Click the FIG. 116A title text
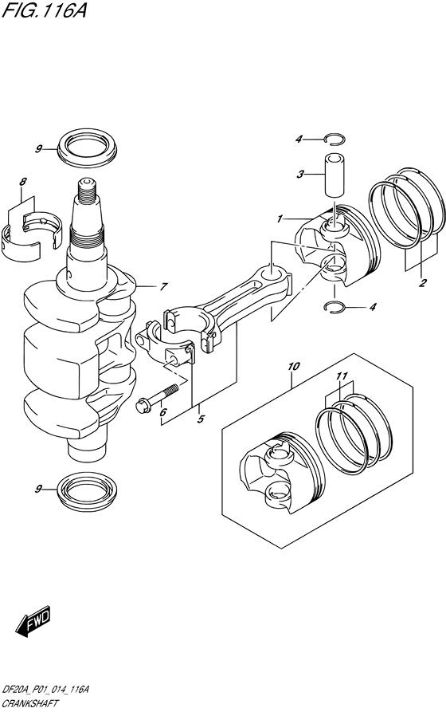pyautogui.click(x=40, y=13)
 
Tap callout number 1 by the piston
pyautogui.click(x=280, y=218)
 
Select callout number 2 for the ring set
pyautogui.click(x=423, y=283)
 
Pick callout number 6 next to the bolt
pyautogui.click(x=162, y=412)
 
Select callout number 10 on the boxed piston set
pyautogui.click(x=293, y=367)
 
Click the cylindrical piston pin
pyautogui.click(x=335, y=174)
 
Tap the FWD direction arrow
pyautogui.click(x=33, y=620)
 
